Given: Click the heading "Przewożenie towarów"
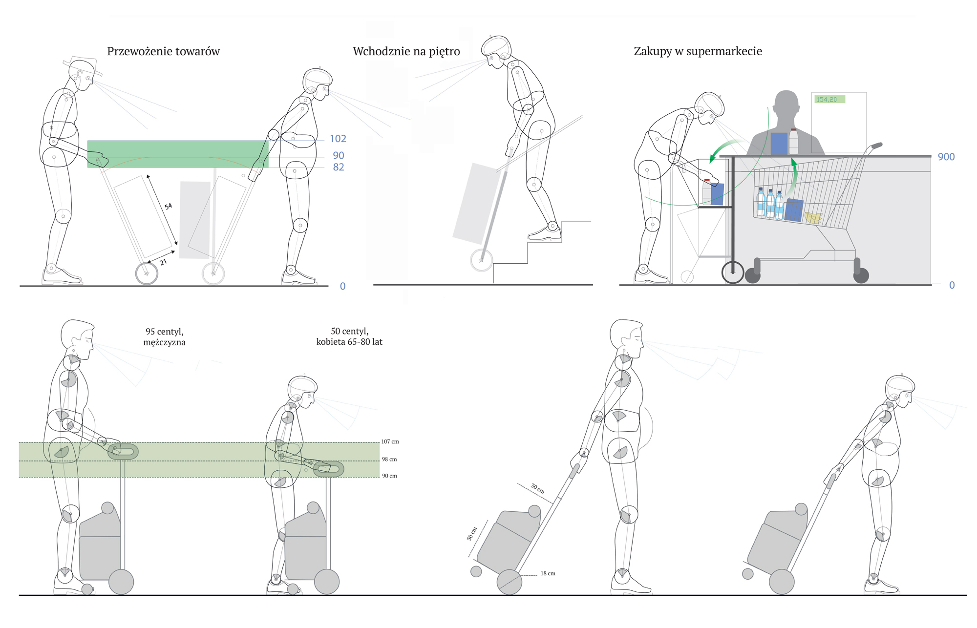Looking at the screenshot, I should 163,51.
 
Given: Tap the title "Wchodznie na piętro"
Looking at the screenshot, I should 406,51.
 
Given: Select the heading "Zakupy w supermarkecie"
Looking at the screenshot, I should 698,51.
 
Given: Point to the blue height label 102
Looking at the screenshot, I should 338,139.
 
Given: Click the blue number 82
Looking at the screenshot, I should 338,167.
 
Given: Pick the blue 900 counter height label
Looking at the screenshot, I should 946,157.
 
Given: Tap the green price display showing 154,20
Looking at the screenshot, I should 829,100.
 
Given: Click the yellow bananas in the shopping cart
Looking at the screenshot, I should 813,217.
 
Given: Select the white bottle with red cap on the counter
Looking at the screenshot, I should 793,141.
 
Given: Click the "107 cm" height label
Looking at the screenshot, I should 390,441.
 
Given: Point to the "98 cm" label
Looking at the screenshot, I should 389,459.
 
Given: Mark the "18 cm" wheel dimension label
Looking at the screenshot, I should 548,573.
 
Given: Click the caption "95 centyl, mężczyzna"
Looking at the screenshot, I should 164,336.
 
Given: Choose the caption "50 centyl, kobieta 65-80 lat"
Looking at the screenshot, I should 349,336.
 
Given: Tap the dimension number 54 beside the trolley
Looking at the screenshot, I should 168,206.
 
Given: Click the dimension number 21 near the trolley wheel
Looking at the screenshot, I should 163,262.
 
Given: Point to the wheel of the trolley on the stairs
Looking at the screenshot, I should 481,260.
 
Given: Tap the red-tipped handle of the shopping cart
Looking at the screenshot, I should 877,146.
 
